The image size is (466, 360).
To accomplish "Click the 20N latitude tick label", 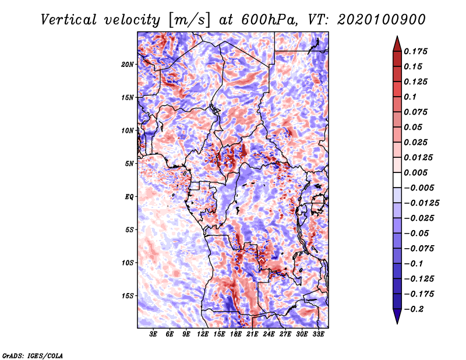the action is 127,65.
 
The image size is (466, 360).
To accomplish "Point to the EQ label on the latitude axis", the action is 129,197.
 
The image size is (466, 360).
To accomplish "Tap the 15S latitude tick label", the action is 127,296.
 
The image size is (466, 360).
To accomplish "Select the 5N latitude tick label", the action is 129,164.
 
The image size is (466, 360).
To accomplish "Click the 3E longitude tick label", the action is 153,334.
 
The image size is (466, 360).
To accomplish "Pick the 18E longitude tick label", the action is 235,334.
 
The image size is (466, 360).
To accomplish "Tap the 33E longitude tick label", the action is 318,334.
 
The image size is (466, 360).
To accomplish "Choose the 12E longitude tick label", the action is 202,334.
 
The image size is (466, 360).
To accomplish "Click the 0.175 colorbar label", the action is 415,51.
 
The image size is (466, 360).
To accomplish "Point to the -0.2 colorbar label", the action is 414,309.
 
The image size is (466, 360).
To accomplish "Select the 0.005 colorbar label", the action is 415,172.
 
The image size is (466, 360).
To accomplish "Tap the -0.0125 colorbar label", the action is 421,203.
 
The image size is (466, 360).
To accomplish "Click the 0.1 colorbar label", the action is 410,97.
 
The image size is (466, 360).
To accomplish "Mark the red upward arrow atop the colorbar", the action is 397,44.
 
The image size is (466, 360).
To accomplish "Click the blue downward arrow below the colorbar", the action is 397,316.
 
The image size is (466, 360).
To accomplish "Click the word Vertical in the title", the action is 69,20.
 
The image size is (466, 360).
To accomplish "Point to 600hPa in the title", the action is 269,20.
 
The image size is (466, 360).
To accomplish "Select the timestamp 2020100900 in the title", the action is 382,20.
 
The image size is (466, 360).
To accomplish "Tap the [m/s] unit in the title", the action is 189,20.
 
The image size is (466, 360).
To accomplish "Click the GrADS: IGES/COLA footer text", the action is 33,355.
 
